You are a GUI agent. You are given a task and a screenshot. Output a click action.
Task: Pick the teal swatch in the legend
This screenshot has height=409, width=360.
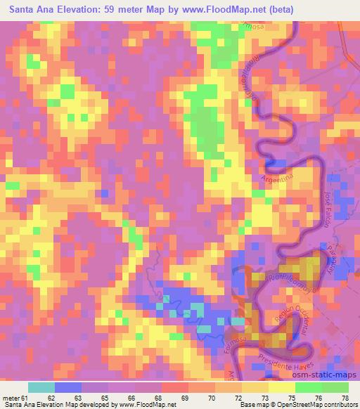tap(42, 387)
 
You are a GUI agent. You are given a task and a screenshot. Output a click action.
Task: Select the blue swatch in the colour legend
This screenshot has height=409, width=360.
tap(69, 387)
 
